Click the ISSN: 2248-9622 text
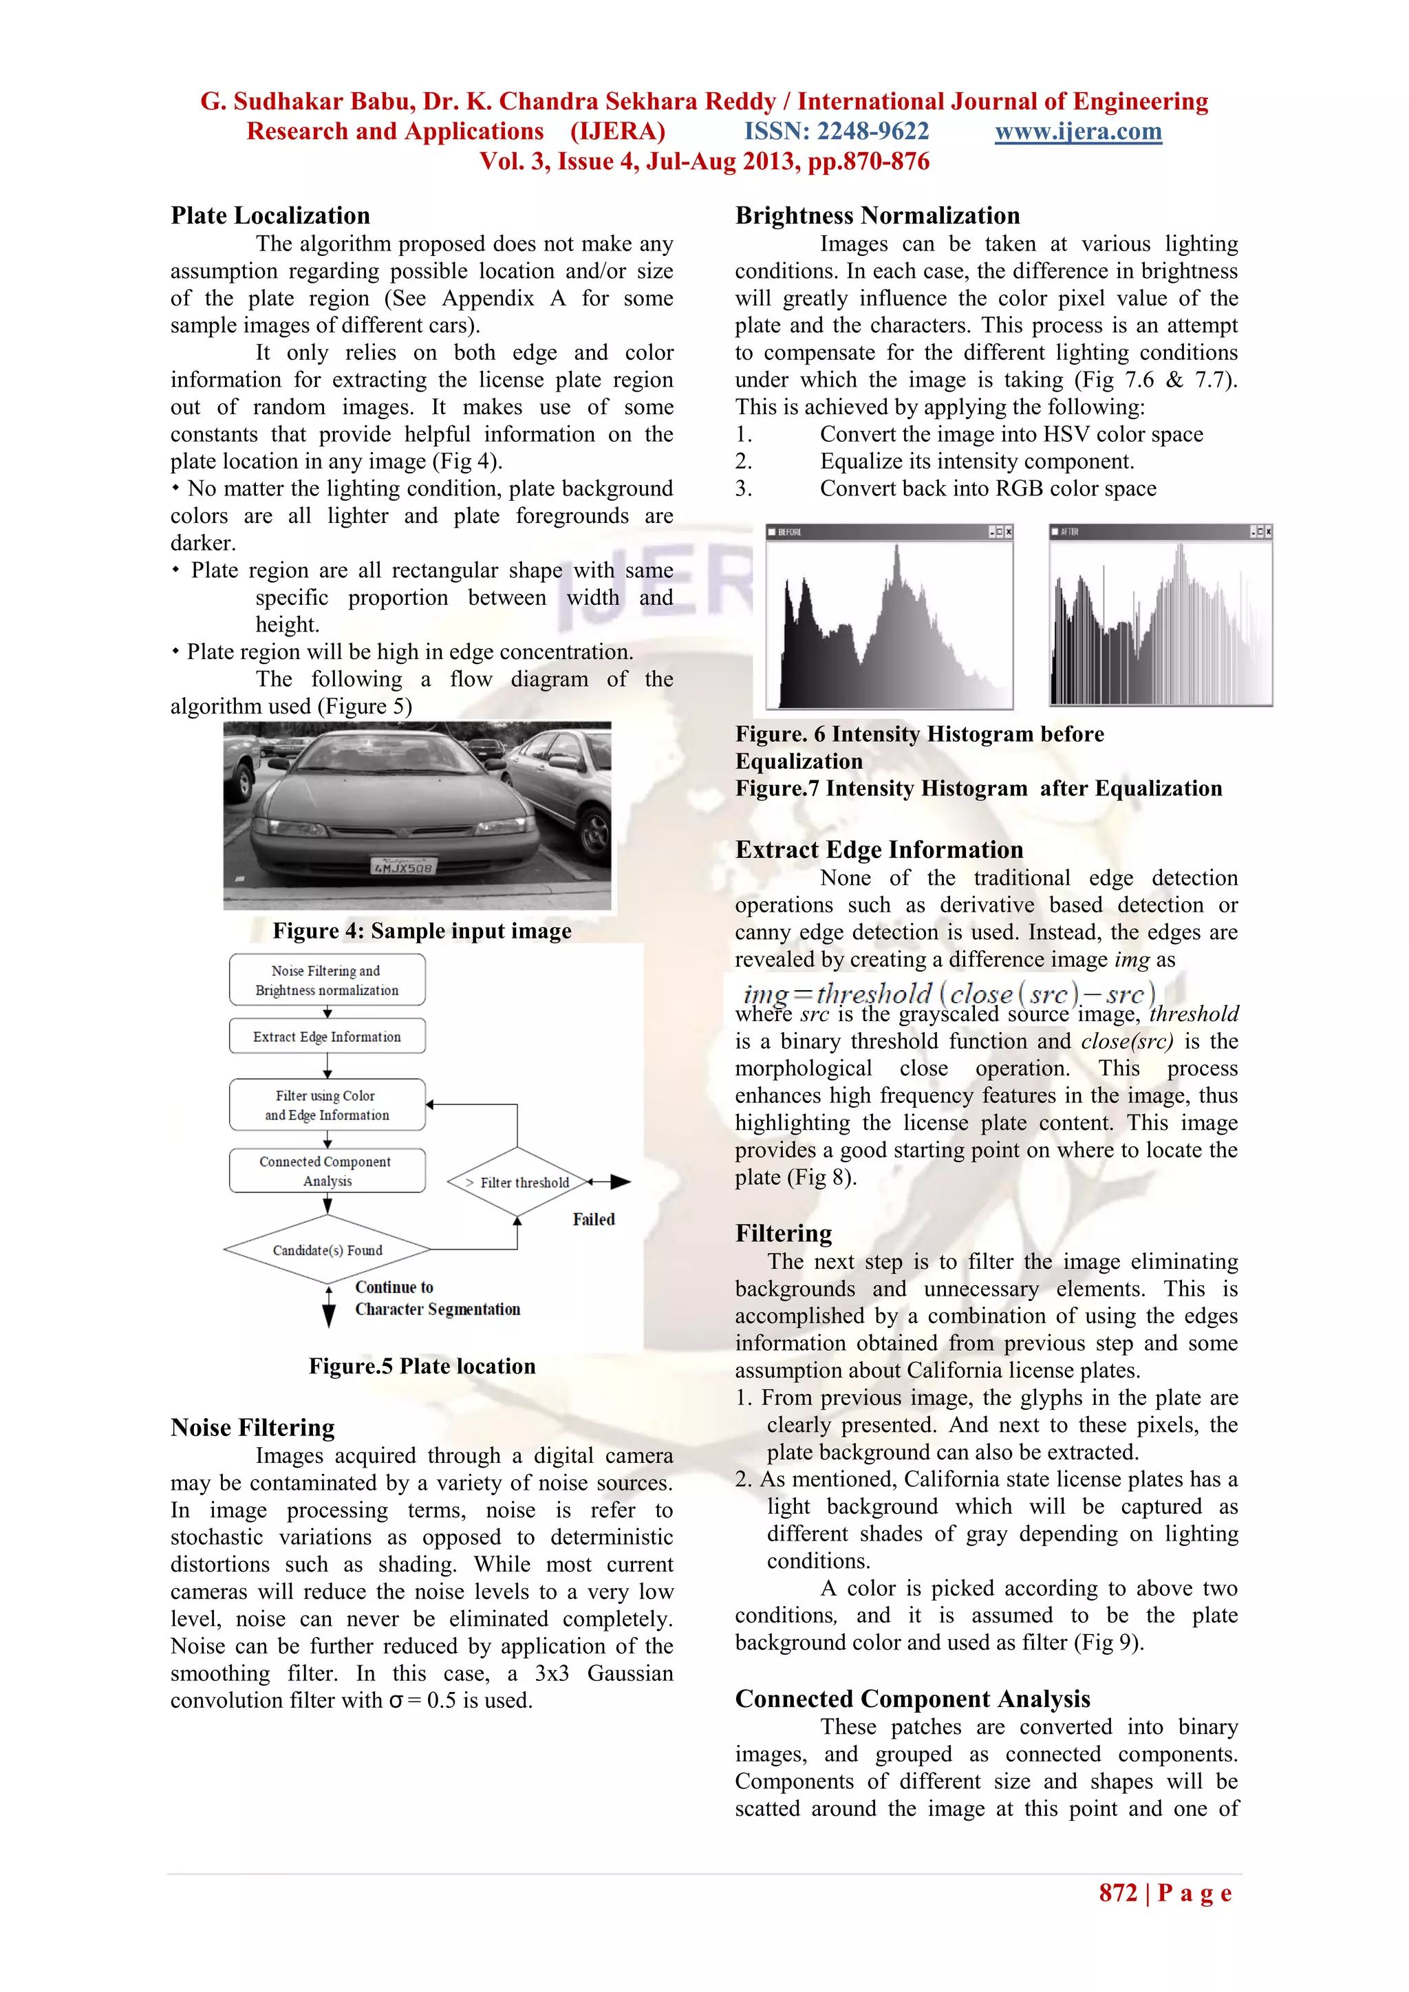pos(837,132)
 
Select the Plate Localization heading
pos(270,216)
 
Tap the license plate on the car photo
pos(403,866)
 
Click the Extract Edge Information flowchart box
pos(327,1037)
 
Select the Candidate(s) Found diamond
pos(327,1250)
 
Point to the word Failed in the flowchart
pos(594,1220)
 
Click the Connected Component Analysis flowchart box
pos(327,1171)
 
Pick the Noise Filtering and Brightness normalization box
pos(327,981)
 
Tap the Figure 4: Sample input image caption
pos(422,931)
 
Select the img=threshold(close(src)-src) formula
pos(948,994)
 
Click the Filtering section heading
pos(784,1234)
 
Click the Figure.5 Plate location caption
pos(422,1367)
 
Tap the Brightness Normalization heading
pos(877,216)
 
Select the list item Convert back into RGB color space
pos(987,489)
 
